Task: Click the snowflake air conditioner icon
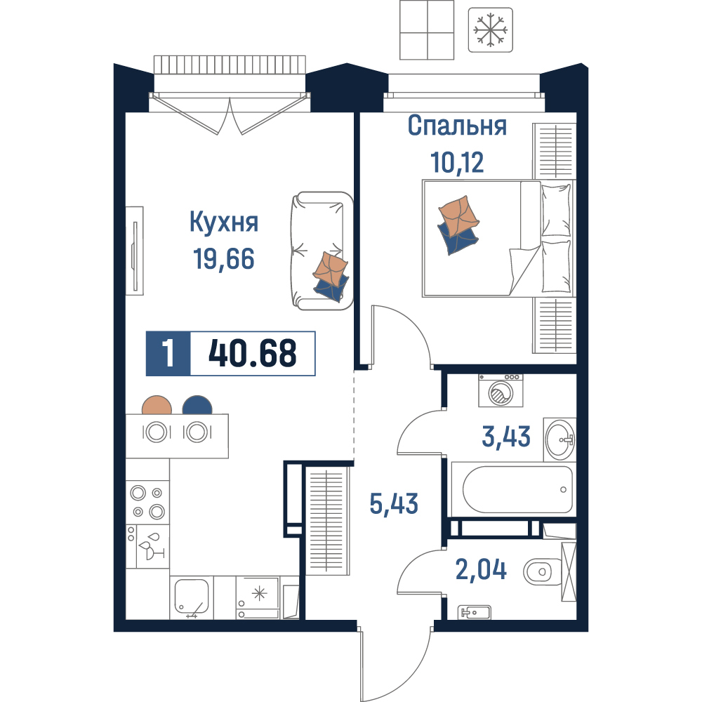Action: pos(490,30)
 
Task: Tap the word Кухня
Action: pos(224,222)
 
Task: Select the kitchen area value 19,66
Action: pos(224,259)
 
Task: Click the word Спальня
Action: pos(457,126)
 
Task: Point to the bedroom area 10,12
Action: pos(457,162)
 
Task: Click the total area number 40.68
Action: pos(253,353)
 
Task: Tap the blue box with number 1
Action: pos(168,353)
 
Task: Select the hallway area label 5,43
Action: pos(394,503)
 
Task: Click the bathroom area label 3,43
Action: pos(506,437)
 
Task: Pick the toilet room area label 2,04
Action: pos(481,569)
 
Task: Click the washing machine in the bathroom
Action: pos(501,390)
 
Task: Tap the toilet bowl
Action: pos(542,571)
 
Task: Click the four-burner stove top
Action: pos(147,502)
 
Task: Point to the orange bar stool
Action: pos(157,406)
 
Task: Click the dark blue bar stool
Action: pos(197,406)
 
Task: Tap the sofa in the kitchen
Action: pos(322,251)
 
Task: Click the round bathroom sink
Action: pos(559,439)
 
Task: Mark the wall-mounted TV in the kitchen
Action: pos(134,251)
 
